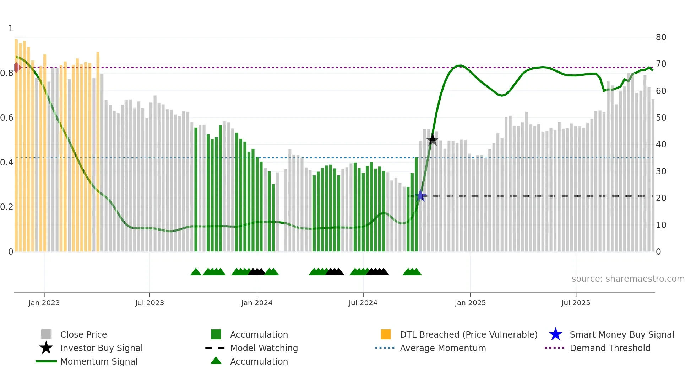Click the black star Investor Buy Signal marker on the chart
433,139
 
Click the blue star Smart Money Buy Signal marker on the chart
421,196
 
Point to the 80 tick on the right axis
661,37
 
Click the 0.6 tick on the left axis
7,117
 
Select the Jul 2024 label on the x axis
363,303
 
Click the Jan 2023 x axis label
44,303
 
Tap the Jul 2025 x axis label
576,303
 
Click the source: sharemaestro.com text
628,279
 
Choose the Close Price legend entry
83,334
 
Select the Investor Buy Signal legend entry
101,348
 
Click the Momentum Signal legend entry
99,361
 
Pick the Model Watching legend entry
264,348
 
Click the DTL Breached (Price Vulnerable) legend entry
468,334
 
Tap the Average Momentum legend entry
443,348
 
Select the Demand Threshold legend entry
610,348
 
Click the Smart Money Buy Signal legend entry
621,334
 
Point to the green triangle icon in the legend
216,361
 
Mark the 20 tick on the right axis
661,198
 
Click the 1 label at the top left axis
11,28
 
